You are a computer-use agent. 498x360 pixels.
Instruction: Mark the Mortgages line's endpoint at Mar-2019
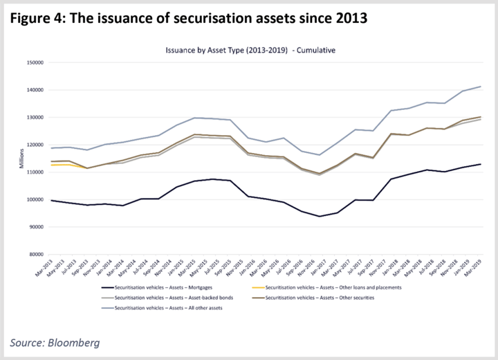click(480, 164)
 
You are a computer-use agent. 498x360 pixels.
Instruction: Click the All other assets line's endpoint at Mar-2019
click(480, 87)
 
